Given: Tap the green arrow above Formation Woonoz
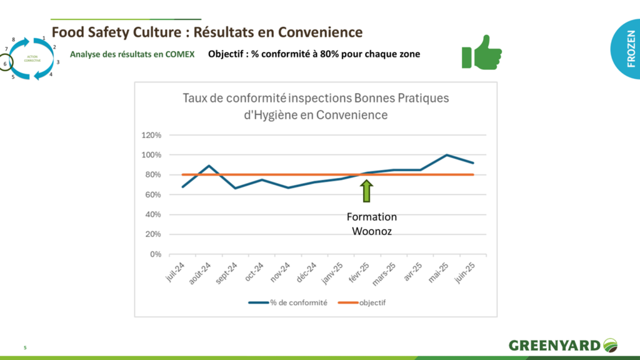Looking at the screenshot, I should [366, 191].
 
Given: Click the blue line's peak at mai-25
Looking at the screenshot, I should [446, 155].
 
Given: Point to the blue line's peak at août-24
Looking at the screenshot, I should [209, 166].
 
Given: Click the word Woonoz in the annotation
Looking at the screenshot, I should [372, 230].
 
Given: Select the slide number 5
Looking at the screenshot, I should [25, 347].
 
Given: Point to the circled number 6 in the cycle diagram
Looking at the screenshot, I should [5, 64].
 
